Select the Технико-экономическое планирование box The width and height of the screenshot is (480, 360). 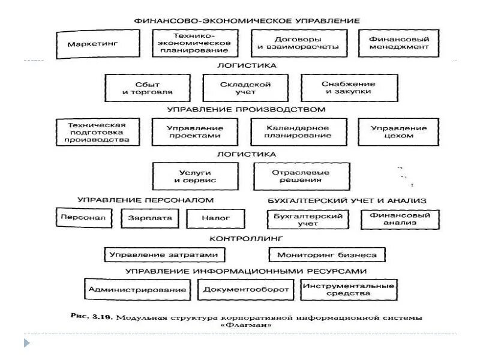194,43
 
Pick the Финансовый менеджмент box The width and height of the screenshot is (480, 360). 399,43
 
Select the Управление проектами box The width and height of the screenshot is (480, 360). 195,131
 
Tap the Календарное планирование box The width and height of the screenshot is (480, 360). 298,131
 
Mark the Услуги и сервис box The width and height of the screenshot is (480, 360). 195,176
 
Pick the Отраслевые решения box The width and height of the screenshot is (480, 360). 301,176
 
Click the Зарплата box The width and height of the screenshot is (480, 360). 150,218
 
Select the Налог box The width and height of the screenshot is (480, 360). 208,218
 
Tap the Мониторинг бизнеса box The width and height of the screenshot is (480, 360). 327,255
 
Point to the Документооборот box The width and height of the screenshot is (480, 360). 246,290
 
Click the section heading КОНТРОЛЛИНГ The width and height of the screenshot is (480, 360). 246,239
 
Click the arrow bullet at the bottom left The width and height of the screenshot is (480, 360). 26,343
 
